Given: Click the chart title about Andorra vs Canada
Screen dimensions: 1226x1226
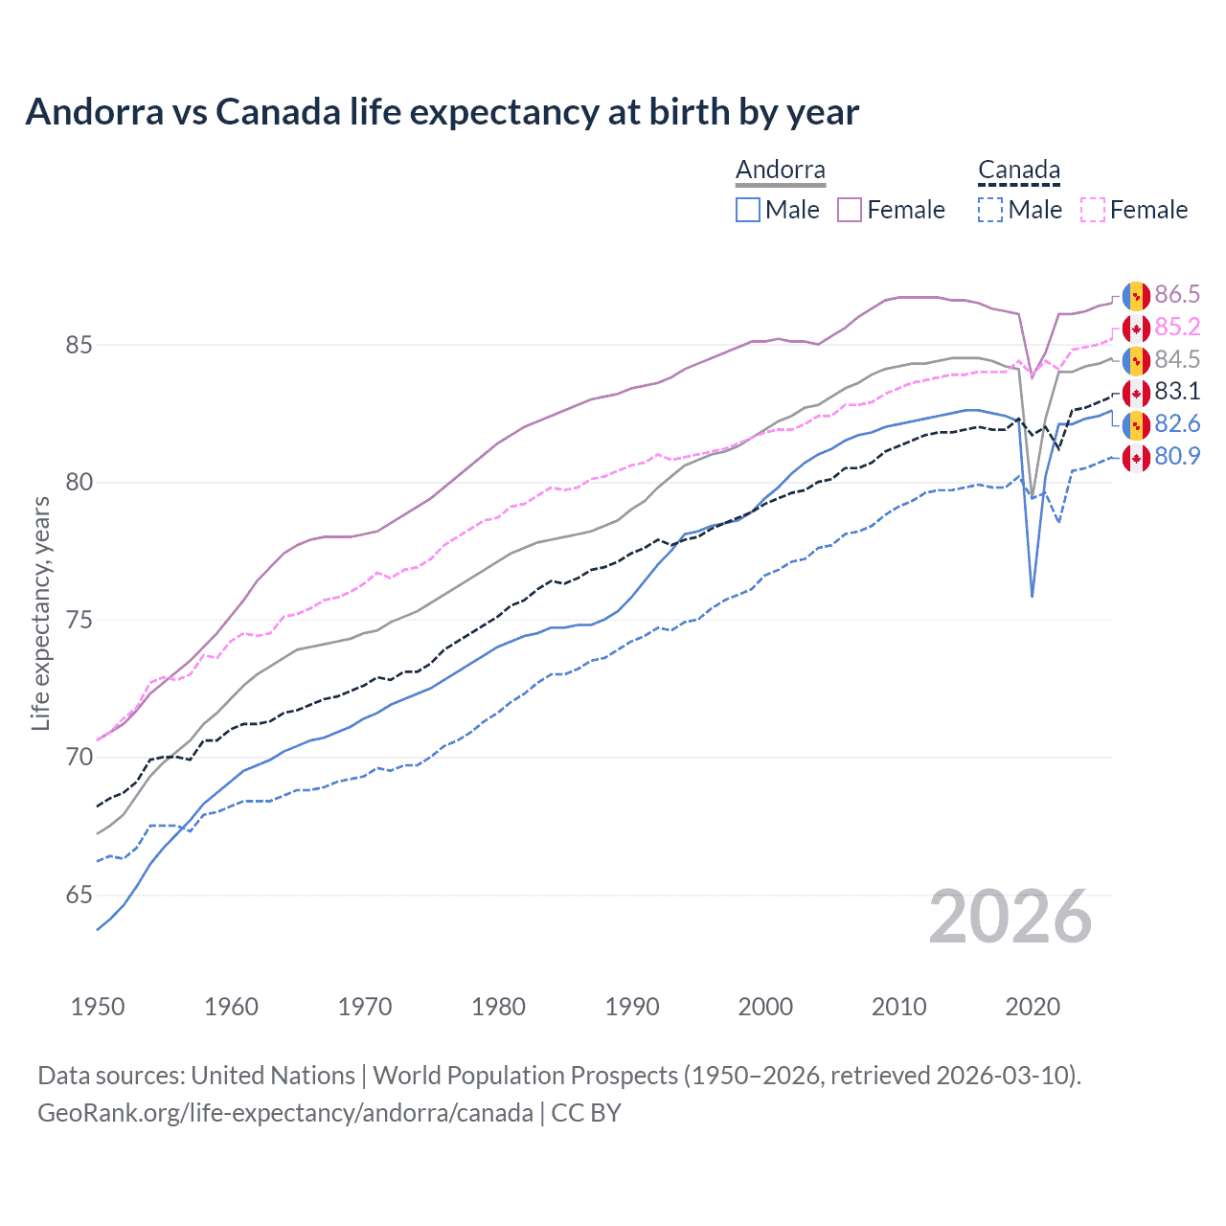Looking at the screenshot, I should [x=442, y=112].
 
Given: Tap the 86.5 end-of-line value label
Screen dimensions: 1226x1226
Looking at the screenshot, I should [x=1177, y=294].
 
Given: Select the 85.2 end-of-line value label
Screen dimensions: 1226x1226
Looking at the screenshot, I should [x=1177, y=327].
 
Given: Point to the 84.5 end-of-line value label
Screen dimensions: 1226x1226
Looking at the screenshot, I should [x=1177, y=359].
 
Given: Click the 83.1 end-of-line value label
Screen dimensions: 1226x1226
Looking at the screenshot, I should [x=1177, y=391].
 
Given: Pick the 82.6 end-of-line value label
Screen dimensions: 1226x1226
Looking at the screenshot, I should [x=1177, y=423].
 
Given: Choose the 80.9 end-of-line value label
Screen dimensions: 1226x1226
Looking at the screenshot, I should [x=1177, y=456].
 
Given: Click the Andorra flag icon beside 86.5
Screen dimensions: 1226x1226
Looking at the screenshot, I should [x=1136, y=295].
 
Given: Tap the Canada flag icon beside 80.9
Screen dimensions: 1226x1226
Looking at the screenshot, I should [x=1136, y=457].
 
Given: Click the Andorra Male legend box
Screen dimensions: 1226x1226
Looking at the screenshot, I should [x=748, y=210].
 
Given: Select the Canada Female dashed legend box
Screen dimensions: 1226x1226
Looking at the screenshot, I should [x=1093, y=210].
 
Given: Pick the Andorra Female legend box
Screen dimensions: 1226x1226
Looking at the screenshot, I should [x=850, y=210].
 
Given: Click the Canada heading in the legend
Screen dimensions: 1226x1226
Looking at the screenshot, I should [x=1019, y=170].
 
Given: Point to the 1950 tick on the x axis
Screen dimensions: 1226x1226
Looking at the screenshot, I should [x=98, y=1007].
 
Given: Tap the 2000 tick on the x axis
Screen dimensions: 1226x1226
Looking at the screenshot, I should [x=765, y=1007].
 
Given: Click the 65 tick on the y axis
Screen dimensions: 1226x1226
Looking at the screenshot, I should [x=79, y=896].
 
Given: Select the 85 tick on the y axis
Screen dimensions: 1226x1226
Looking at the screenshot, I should [x=79, y=345].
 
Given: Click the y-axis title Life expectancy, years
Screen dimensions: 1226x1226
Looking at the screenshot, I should [x=41, y=613].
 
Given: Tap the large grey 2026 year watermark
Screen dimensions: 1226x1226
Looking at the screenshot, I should [x=1010, y=917].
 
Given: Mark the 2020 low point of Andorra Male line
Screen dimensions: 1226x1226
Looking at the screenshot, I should [x=1032, y=597].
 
